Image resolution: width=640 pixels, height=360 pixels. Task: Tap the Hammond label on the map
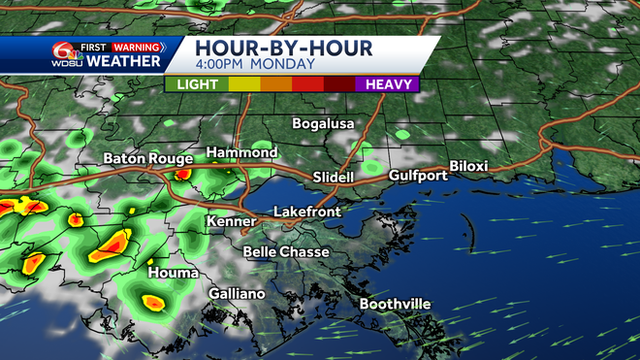pos(241,153)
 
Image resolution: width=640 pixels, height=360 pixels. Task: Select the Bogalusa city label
pos(324,124)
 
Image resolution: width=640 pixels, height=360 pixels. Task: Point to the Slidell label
pos(334,178)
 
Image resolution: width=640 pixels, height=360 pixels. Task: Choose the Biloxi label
pos(468,166)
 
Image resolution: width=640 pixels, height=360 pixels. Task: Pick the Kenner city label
pos(230,222)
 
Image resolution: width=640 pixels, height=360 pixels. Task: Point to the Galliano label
pos(237,294)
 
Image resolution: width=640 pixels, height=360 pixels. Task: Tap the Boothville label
pos(395,305)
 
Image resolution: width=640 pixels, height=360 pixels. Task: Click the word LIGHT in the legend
pos(197,84)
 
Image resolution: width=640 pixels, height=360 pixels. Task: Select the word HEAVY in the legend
pos(388,84)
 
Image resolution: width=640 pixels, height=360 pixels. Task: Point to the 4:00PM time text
pos(221,64)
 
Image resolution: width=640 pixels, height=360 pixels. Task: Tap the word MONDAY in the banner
pos(285,64)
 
